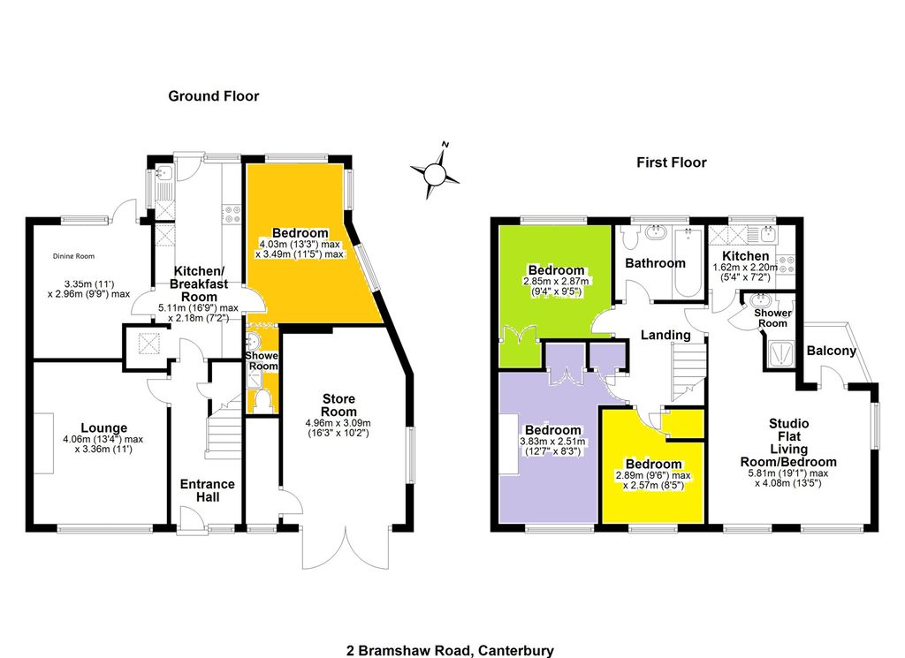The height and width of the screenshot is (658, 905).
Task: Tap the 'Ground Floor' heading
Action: coord(214,96)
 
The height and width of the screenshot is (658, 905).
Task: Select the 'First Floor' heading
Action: coord(671,163)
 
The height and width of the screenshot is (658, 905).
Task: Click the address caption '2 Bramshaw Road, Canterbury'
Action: coord(451,650)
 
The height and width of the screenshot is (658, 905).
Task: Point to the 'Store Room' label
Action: coord(338,405)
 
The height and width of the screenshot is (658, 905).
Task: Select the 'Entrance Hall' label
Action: coord(208,490)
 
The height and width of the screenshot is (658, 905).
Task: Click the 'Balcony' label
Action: coord(832,351)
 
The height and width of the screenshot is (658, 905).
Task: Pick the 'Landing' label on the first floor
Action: coord(666,335)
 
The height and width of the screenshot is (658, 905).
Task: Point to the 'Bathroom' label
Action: coord(655,263)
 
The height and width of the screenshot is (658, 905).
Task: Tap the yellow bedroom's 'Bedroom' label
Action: coord(653,464)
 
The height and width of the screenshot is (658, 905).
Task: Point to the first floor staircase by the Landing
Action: coord(688,371)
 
